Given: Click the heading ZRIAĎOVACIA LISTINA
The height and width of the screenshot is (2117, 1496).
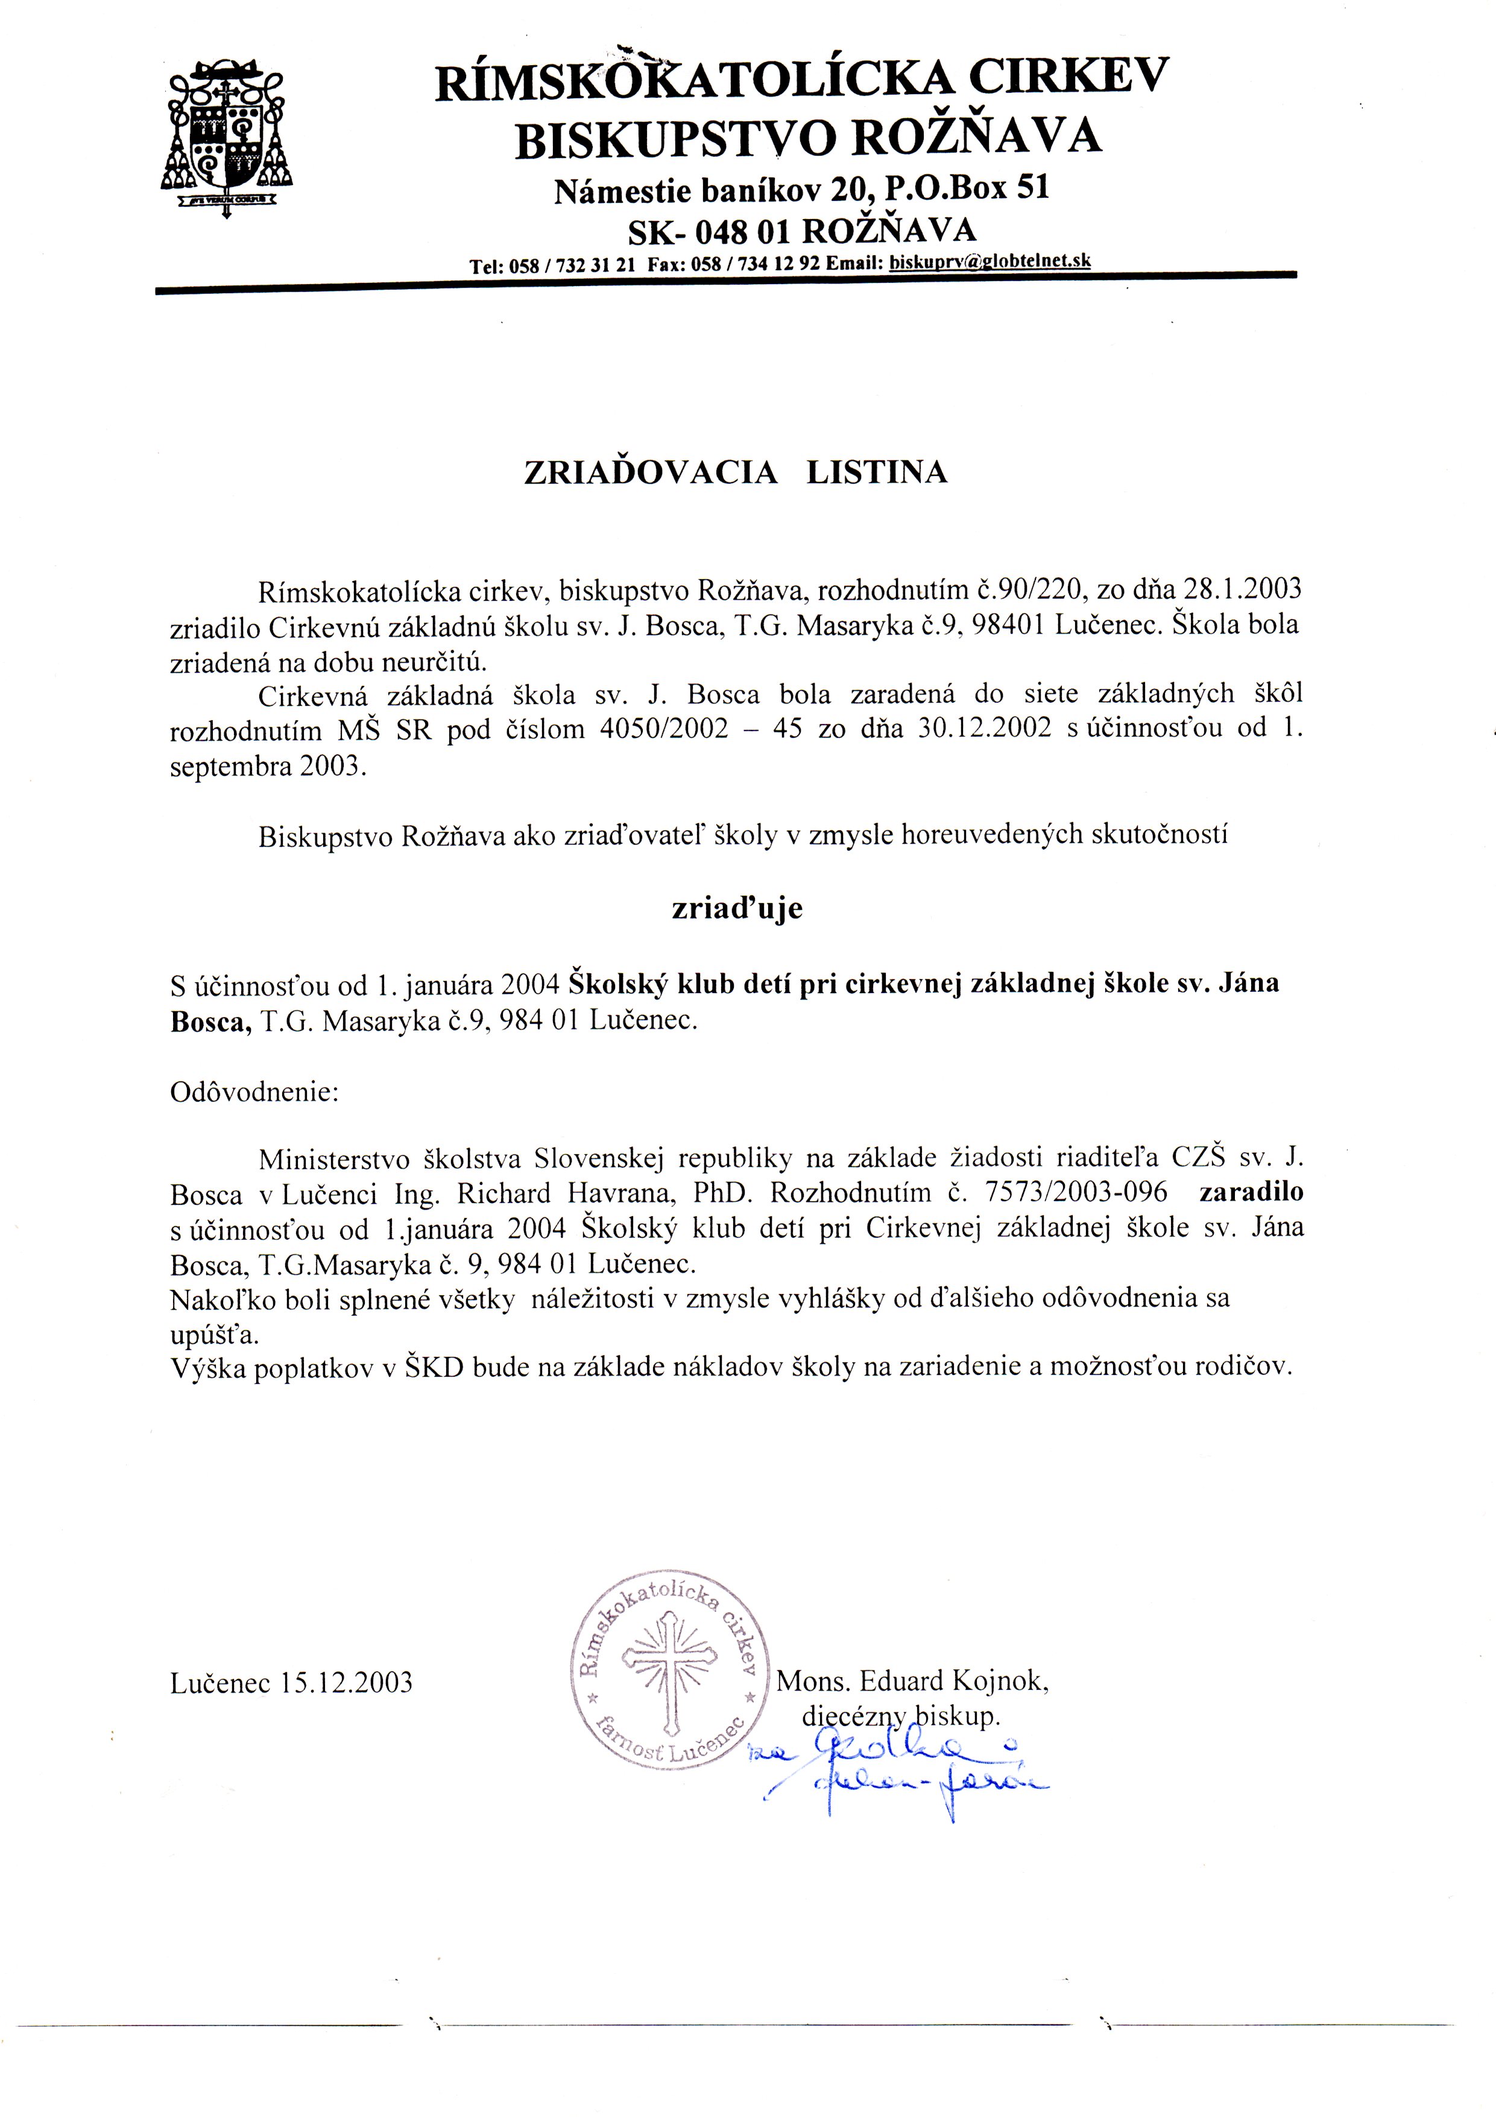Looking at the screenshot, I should (736, 472).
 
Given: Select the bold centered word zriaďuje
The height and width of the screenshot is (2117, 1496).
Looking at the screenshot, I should (736, 908).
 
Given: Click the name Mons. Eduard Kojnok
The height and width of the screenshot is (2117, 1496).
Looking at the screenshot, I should (912, 1681).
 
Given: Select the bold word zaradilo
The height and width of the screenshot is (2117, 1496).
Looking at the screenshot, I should (1251, 1192).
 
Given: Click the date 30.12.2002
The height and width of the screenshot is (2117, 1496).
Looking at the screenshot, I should (985, 728).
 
